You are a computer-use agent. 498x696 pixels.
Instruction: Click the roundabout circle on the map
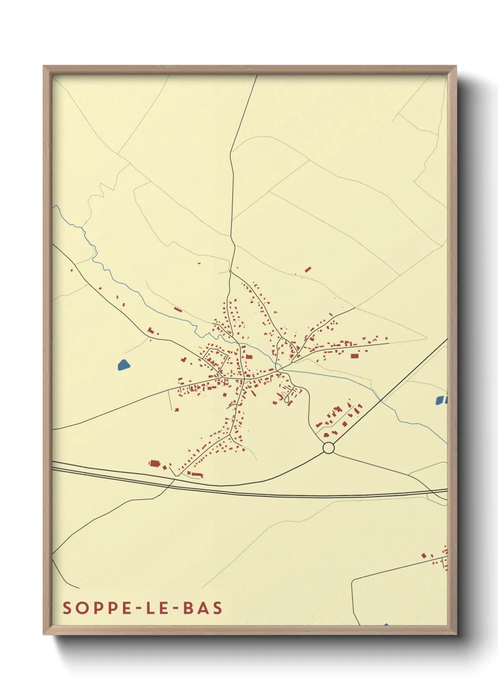[329, 448]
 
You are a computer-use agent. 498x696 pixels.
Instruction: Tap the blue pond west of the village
[123, 364]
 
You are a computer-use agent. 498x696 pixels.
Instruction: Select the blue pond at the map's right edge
[441, 400]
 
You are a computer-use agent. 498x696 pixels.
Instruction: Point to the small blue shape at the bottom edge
[386, 625]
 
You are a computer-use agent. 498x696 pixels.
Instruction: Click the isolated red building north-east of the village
[308, 269]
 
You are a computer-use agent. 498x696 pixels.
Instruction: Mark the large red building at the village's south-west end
[154, 464]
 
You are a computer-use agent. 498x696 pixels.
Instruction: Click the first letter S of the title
[67, 608]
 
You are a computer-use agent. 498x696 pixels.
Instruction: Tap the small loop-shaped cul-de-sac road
[284, 396]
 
